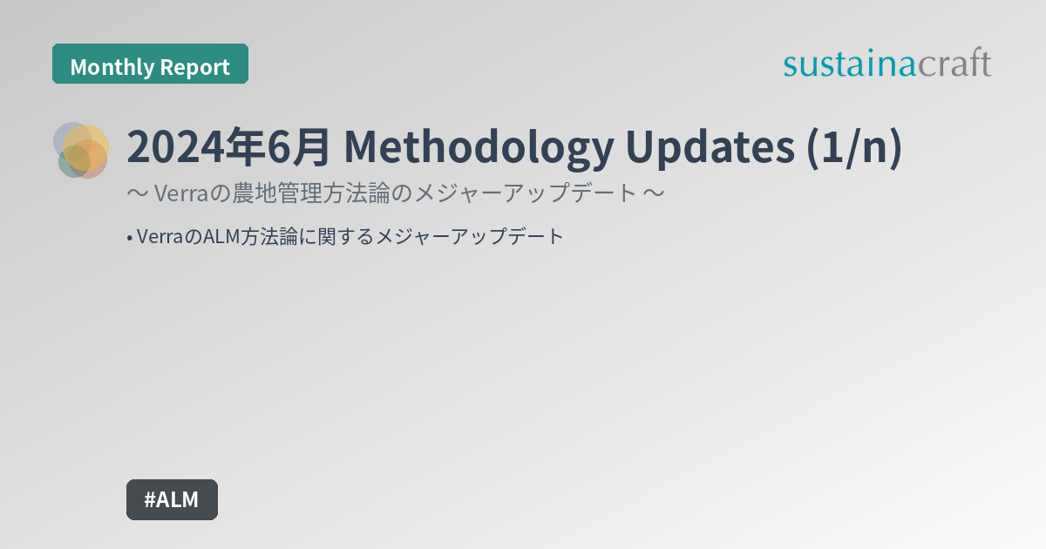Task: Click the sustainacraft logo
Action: point(887,64)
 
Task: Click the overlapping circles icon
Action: point(81,150)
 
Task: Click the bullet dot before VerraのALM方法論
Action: point(129,237)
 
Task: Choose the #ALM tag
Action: point(172,499)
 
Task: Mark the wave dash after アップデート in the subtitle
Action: point(654,193)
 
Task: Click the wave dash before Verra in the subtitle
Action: point(137,193)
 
